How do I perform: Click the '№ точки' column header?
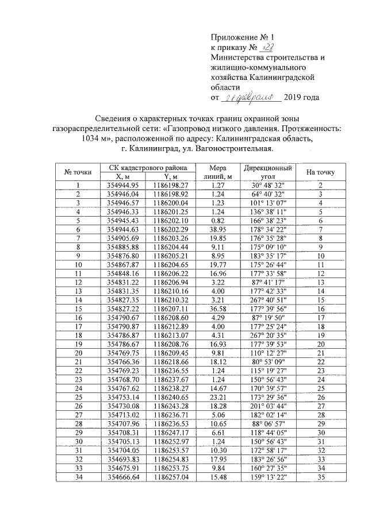pos(77,172)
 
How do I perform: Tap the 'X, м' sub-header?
pos(123,176)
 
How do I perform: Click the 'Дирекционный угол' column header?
pos(267,172)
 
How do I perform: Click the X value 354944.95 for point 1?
pos(123,185)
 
